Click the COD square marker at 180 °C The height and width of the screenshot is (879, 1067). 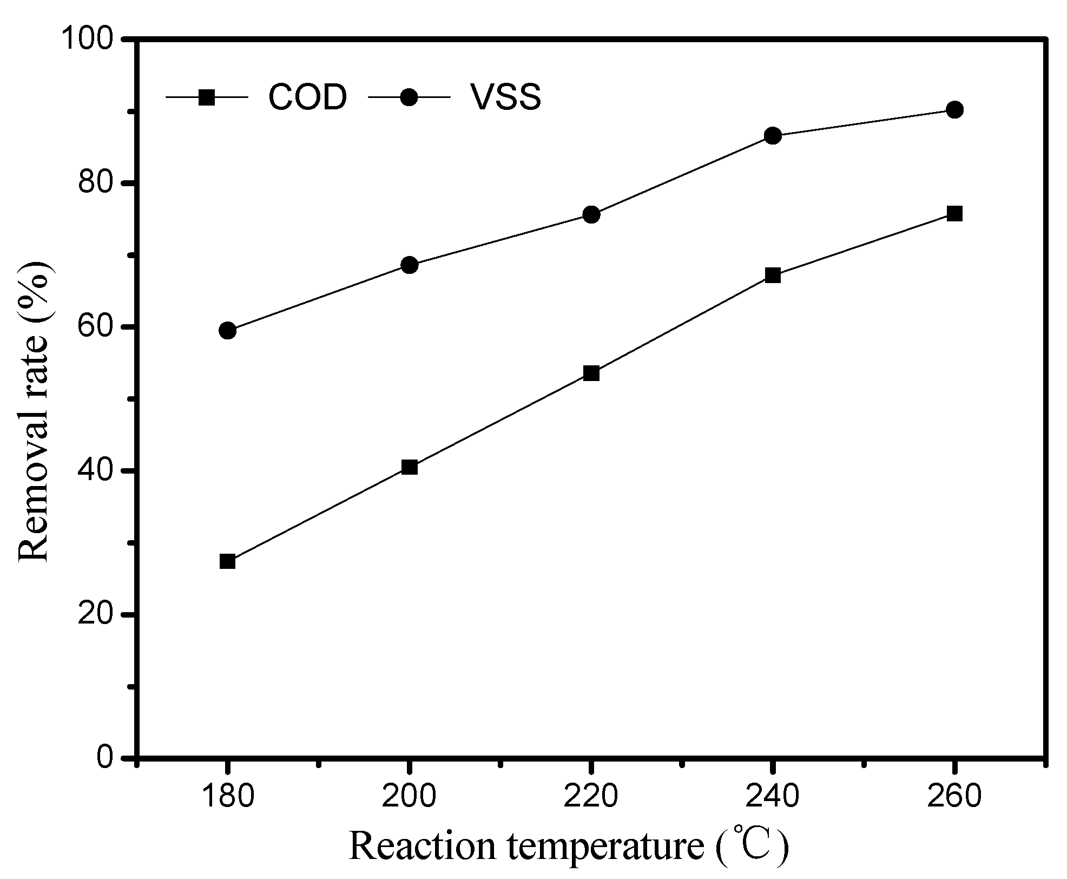click(228, 561)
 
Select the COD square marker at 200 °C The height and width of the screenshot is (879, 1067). click(410, 467)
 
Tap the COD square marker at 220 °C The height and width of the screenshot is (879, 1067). click(591, 373)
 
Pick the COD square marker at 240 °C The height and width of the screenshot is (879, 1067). click(773, 275)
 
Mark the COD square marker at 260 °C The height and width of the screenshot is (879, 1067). click(955, 214)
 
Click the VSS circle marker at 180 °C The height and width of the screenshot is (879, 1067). click(228, 331)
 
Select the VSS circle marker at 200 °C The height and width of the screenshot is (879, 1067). click(410, 265)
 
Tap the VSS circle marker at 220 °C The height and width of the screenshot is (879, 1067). click(591, 215)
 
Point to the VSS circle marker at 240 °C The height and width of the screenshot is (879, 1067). click(773, 136)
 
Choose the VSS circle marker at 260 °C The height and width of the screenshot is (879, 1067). click(955, 110)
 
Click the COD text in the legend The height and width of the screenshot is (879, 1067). click(307, 98)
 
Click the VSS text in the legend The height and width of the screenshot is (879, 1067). click(505, 98)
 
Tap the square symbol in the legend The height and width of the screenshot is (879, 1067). click(207, 98)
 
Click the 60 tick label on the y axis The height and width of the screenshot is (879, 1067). click(95, 327)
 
